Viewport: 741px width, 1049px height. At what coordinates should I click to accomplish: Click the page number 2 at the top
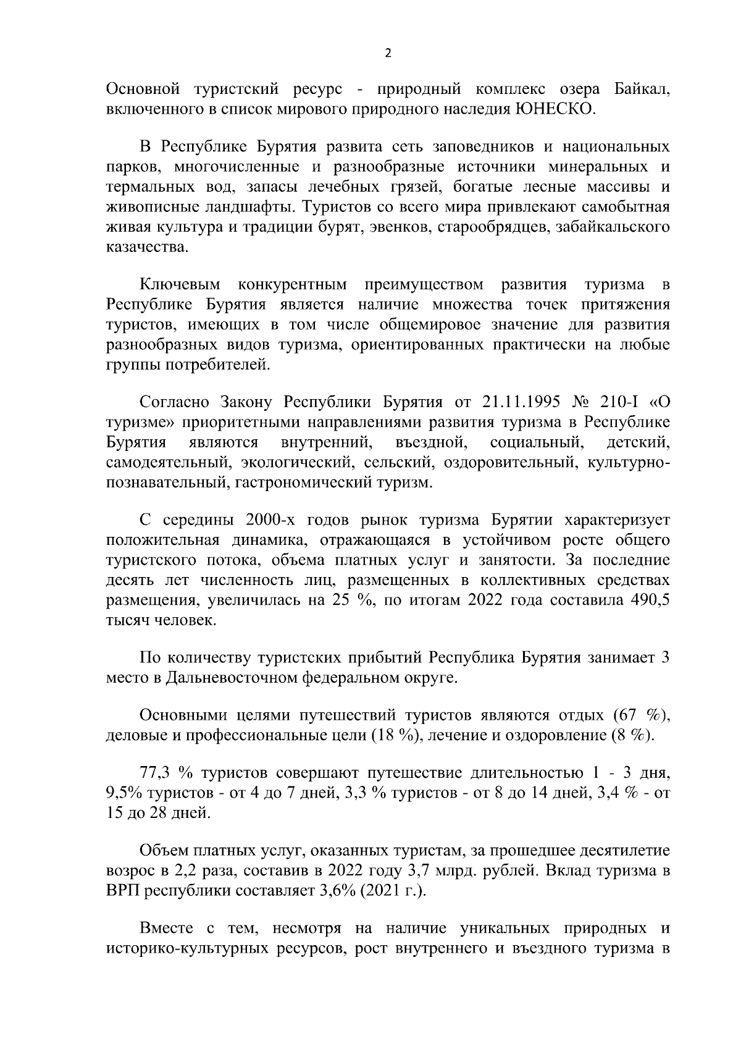(388, 53)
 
